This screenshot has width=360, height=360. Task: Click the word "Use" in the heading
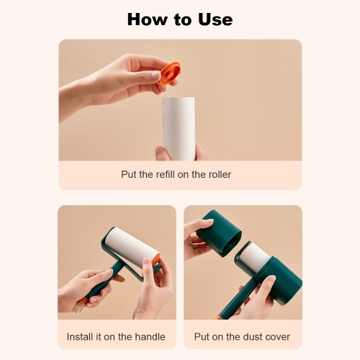(215, 19)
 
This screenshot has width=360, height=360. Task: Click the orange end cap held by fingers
(169, 73)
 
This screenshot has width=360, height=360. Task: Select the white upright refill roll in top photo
(179, 128)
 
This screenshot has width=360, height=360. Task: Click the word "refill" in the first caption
(166, 174)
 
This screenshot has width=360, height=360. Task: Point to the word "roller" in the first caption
(220, 174)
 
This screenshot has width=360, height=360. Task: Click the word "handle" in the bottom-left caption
(150, 337)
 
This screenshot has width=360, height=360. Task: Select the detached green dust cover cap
(219, 233)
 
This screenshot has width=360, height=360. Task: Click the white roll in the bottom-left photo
(131, 246)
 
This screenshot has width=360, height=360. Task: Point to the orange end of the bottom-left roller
(156, 259)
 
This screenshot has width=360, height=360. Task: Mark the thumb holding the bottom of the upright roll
(164, 153)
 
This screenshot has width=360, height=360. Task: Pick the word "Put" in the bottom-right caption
(202, 337)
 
